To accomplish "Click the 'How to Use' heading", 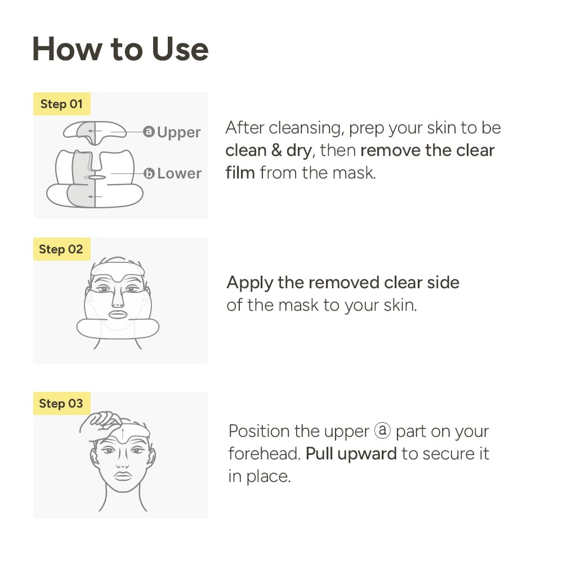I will click(x=120, y=49).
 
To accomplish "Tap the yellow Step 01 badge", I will click(x=61, y=104).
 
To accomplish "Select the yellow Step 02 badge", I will click(x=61, y=249).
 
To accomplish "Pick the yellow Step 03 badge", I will click(x=61, y=404).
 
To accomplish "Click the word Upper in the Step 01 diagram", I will click(x=178, y=132).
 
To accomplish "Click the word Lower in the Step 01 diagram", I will click(x=178, y=173).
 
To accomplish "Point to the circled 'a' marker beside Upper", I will click(x=149, y=132).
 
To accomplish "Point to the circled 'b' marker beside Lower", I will click(x=149, y=173).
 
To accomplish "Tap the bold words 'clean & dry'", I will click(x=268, y=150).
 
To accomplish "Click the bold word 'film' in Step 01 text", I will click(x=240, y=172).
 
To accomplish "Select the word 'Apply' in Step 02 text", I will click(x=249, y=283).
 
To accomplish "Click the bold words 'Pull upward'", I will click(x=351, y=454).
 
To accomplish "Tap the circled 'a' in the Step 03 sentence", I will click(x=382, y=432).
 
